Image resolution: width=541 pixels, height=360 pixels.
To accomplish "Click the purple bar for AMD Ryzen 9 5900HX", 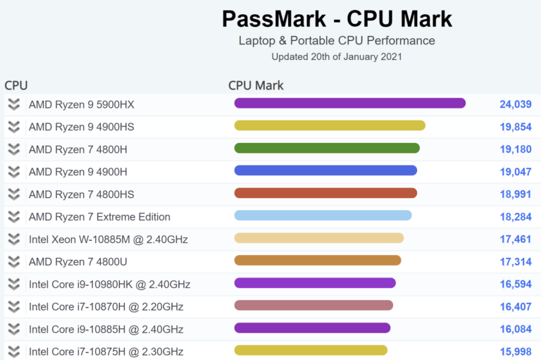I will click(349, 104).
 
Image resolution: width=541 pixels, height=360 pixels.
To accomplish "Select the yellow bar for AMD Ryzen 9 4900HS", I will click(330, 125).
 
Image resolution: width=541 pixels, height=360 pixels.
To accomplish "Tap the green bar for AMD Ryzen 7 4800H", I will click(327, 148).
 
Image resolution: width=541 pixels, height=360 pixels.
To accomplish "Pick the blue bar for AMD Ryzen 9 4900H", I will click(325, 170).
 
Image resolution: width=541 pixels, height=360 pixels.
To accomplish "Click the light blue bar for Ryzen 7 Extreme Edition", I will click(323, 216).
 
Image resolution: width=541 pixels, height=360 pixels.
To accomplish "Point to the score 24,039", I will click(515, 104).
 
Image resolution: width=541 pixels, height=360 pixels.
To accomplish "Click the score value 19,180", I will click(515, 149).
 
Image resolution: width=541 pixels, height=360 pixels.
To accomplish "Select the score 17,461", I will click(515, 240).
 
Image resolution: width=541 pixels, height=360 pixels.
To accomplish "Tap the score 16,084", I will click(515, 330).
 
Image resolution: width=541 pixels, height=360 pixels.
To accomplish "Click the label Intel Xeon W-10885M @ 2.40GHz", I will click(108, 240).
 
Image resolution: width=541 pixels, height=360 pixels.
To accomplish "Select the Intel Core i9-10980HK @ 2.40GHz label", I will click(109, 285).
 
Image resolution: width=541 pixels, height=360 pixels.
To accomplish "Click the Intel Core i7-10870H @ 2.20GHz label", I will click(106, 307).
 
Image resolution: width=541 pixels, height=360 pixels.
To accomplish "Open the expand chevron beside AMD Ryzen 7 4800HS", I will click(13, 194).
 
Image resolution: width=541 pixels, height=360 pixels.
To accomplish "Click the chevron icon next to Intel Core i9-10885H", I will click(13, 329).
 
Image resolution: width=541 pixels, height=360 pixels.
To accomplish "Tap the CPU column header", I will click(16, 85).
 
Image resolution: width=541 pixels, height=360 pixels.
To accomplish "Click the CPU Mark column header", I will click(256, 85).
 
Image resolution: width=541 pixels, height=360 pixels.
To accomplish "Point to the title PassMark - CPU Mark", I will click(337, 18).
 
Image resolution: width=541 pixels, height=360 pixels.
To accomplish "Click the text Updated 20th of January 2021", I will click(337, 56).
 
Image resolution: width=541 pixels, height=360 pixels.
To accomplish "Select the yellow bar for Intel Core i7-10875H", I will click(311, 350).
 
